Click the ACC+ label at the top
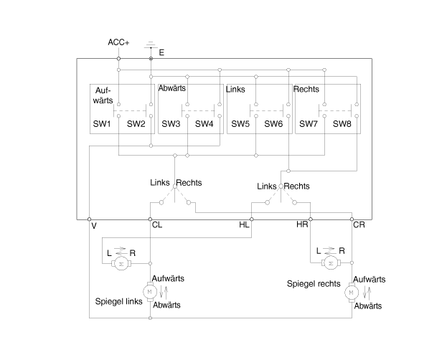[118, 42]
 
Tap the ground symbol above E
[151, 44]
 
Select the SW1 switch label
[101, 124]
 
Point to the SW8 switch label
[342, 124]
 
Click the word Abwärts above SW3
[173, 87]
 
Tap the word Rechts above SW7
[306, 90]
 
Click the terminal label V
[94, 225]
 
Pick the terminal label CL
[157, 225]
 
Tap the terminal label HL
[245, 225]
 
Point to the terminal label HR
[303, 225]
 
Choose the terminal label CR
[359, 225]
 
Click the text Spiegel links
[118, 301]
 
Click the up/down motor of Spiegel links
[150, 291]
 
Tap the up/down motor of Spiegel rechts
[352, 291]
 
